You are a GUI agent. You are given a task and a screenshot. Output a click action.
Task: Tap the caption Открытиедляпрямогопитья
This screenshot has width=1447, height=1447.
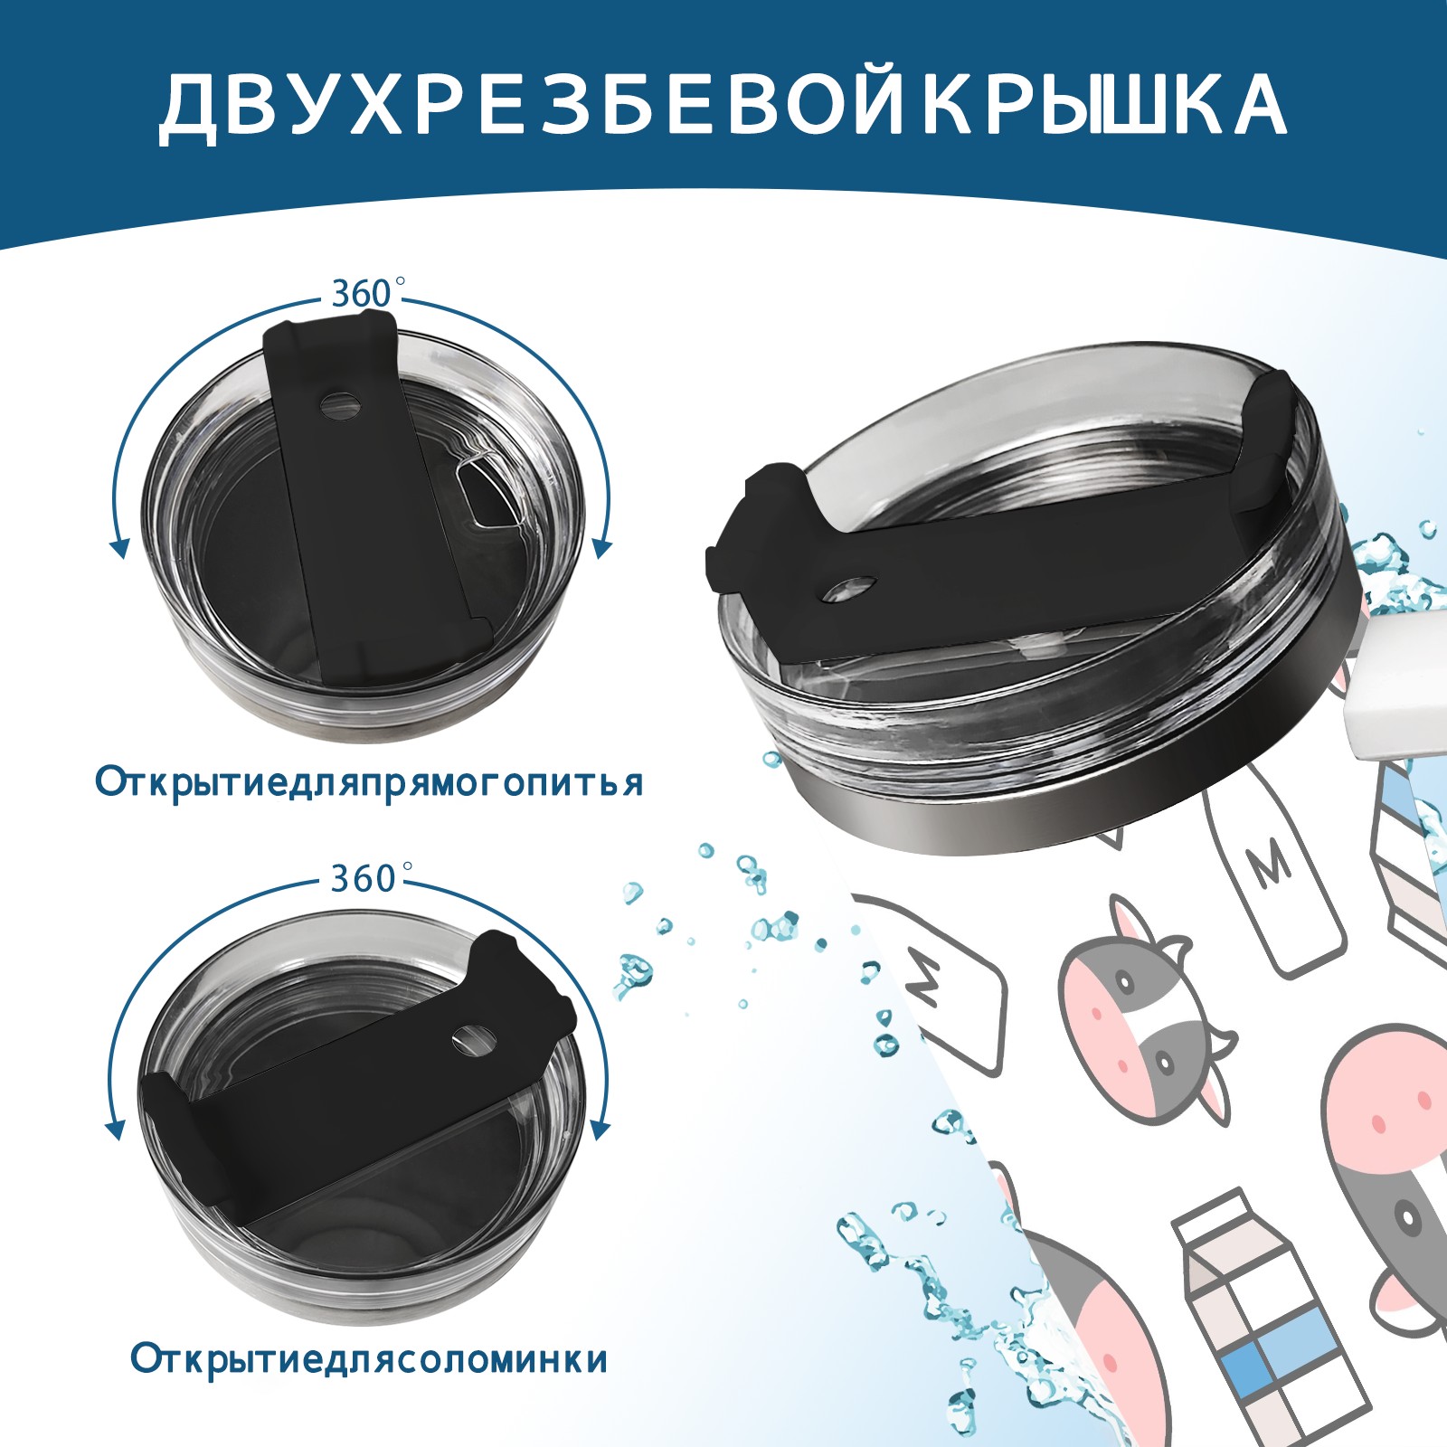(x=369, y=782)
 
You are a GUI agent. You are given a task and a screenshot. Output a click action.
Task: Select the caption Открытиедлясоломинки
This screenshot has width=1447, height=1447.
(x=369, y=1359)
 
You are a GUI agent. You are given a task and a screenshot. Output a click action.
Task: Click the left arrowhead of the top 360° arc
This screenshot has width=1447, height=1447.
(x=118, y=547)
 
